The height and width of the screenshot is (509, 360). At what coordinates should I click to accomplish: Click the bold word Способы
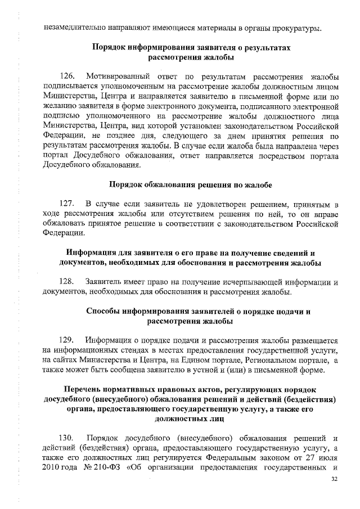[x=106, y=310]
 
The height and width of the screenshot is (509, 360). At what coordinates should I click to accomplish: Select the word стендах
[x=141, y=350]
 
